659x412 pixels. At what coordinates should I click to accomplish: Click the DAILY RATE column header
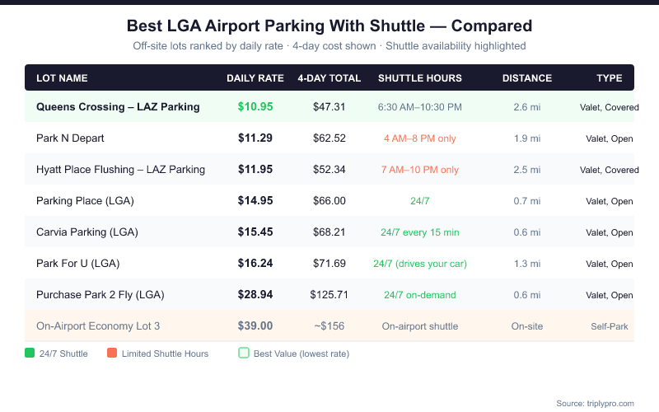coord(255,78)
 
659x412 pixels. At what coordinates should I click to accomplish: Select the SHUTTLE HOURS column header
coord(420,78)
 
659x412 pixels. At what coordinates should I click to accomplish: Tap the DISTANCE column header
coord(527,78)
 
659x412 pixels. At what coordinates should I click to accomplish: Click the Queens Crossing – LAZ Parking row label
coord(118,107)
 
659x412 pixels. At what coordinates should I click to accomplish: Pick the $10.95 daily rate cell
coord(255,107)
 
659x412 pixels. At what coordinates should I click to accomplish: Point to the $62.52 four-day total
coord(329,138)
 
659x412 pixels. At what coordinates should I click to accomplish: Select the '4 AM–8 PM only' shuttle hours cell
coord(420,138)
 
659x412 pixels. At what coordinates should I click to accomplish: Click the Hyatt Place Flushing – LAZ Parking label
coord(120,170)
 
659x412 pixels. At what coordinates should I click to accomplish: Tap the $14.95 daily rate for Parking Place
coord(255,201)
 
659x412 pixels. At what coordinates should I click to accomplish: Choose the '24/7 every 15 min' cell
coord(420,232)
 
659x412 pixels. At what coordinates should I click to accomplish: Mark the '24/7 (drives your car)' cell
coord(420,264)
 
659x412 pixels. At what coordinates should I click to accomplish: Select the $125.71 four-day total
coord(329,295)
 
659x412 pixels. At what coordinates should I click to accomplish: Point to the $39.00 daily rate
coord(255,326)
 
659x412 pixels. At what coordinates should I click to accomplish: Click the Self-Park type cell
coord(610,326)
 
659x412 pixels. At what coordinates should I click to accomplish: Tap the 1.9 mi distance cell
coord(527,138)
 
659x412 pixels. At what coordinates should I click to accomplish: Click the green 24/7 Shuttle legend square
coord(30,353)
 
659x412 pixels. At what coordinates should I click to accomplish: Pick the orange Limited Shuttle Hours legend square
coord(111,353)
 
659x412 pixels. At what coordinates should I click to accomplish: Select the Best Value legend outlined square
coord(243,353)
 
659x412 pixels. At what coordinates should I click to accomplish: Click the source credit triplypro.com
coord(595,403)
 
